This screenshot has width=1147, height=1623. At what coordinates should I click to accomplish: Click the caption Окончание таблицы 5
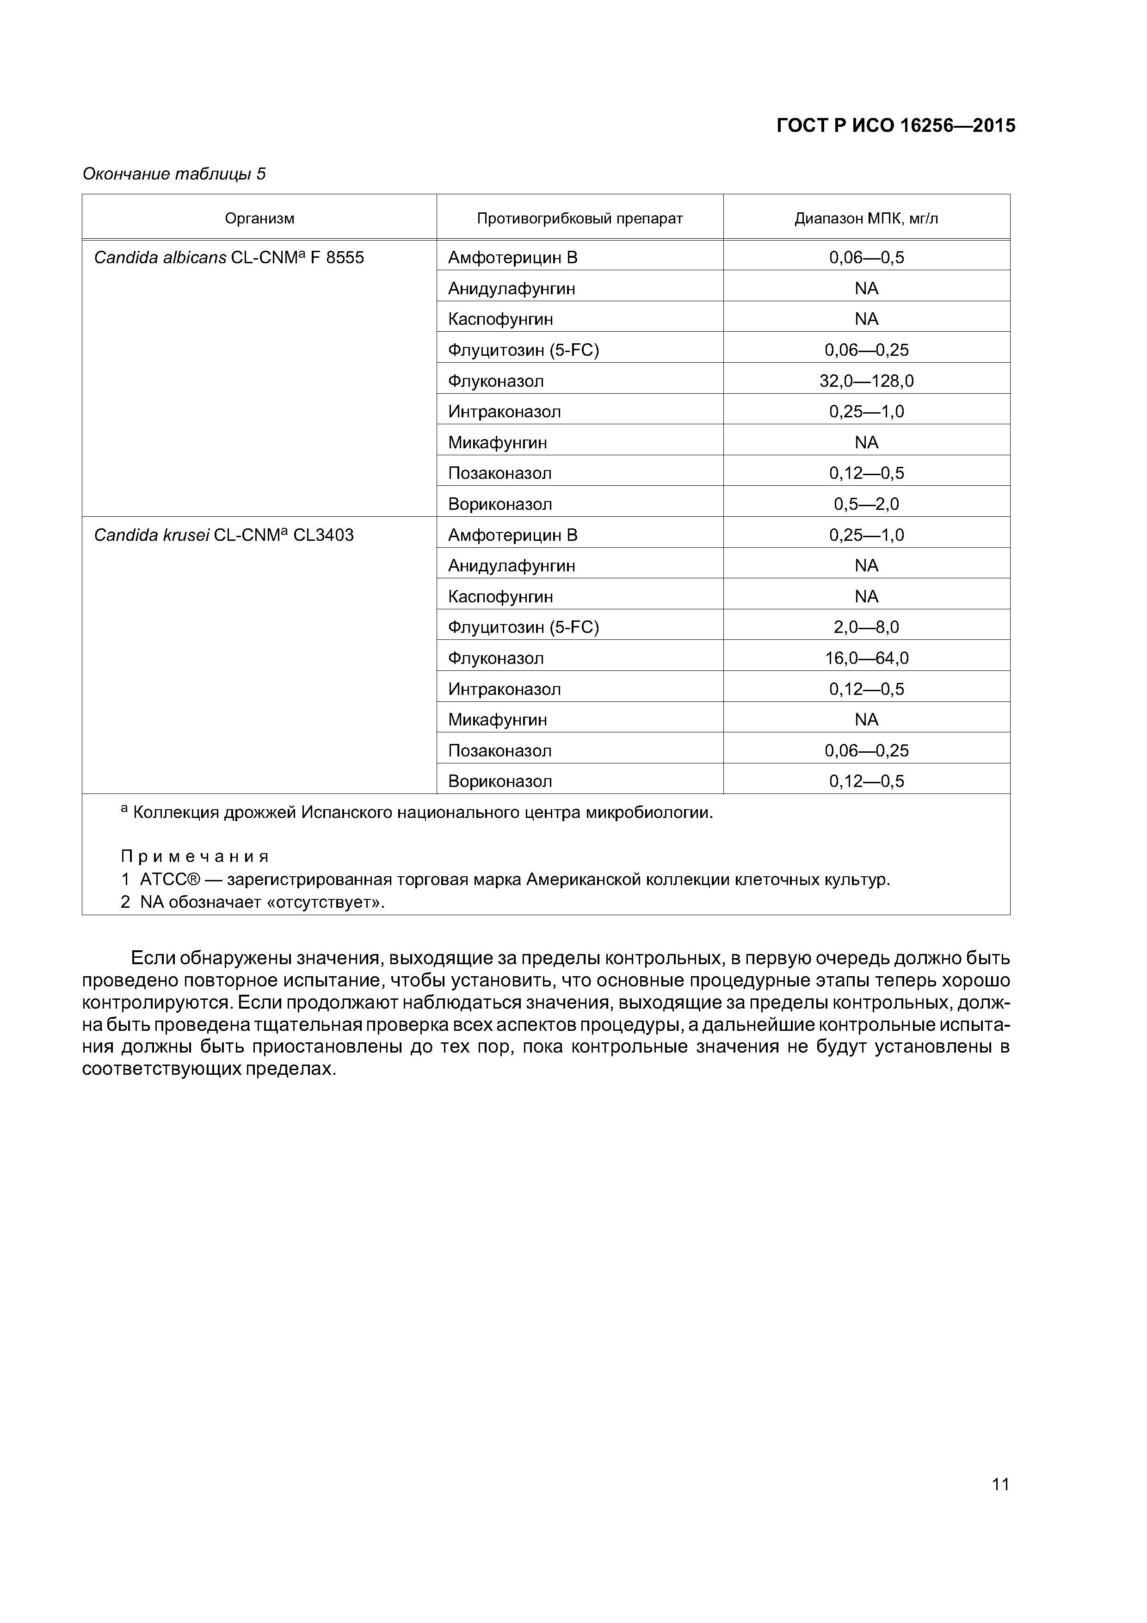click(x=174, y=174)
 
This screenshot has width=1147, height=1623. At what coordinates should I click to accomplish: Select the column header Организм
click(x=259, y=218)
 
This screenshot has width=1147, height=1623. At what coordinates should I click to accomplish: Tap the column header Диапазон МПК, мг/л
click(x=866, y=218)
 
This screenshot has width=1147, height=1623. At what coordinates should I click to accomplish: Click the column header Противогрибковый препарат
click(x=580, y=218)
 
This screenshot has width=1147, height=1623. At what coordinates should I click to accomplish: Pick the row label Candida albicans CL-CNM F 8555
click(x=229, y=257)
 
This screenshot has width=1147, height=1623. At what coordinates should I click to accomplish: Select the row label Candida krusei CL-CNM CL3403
click(x=224, y=535)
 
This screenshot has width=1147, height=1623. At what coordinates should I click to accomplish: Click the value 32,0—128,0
click(x=866, y=381)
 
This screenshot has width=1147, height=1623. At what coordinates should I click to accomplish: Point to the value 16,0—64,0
click(x=866, y=658)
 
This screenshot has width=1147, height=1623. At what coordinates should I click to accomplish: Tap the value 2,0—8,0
click(x=866, y=627)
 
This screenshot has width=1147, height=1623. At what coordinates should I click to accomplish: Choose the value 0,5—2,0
click(x=866, y=504)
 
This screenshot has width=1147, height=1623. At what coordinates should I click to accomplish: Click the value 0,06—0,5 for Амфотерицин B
click(x=866, y=257)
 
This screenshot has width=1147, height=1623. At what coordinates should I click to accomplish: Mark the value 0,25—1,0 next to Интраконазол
click(x=866, y=411)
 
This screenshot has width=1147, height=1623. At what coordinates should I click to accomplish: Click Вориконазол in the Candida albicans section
click(x=499, y=504)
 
